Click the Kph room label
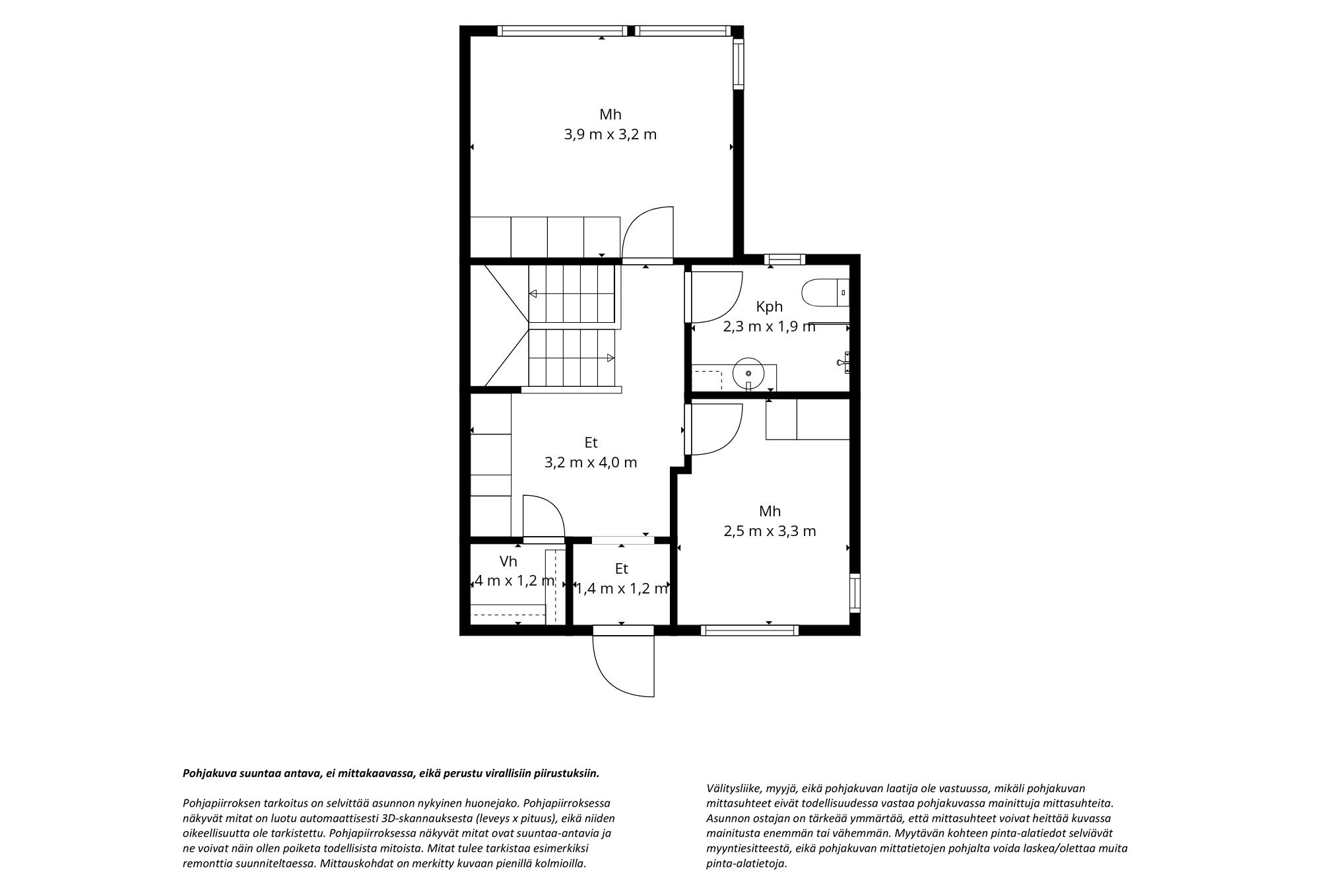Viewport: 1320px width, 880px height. pyautogui.click(x=770, y=306)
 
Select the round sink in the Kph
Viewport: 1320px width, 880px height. pyautogui.click(x=748, y=372)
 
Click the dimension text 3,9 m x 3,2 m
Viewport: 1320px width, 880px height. pyautogui.click(x=610, y=135)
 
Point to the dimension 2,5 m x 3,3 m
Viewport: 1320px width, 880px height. pyautogui.click(x=770, y=531)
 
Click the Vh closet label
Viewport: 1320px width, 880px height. pyautogui.click(x=508, y=562)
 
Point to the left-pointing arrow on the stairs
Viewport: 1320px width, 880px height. pyautogui.click(x=533, y=294)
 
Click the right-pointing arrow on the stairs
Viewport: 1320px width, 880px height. pyautogui.click(x=610, y=358)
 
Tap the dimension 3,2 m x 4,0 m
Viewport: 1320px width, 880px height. pyautogui.click(x=591, y=462)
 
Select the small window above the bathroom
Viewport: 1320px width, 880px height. pyautogui.click(x=785, y=259)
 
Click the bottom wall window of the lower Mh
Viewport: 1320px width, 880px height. pyautogui.click(x=750, y=630)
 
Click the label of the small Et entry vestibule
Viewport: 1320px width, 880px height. pyautogui.click(x=621, y=568)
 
